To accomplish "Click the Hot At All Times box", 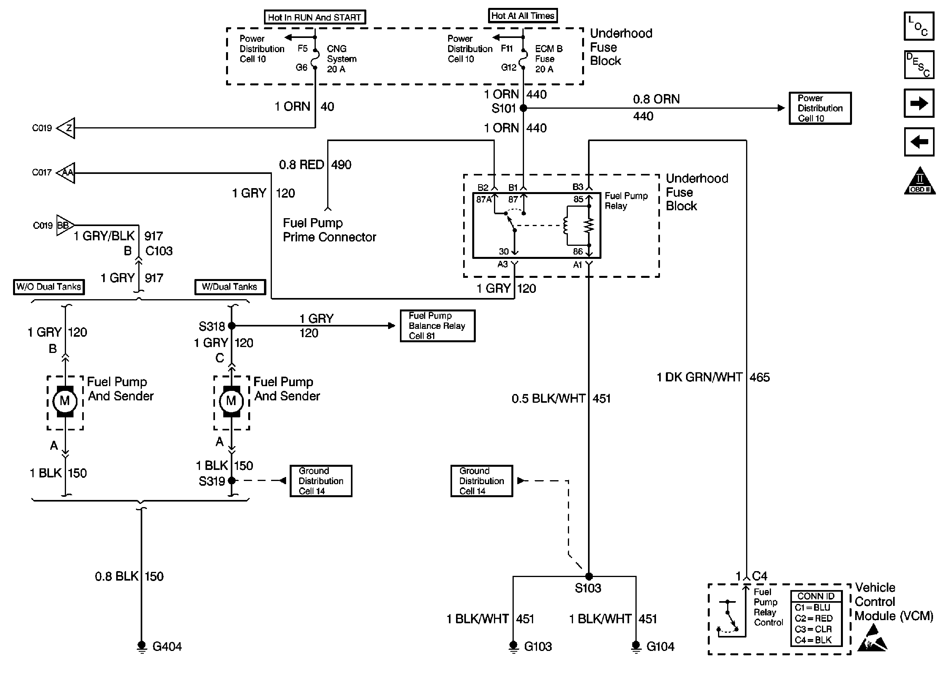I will pos(522,16).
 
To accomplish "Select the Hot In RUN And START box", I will pos(315,17).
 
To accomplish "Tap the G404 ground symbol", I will pos(142,646).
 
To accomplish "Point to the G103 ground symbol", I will pos(513,646).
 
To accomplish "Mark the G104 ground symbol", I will pos(636,646).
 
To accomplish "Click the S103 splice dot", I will pos(589,577).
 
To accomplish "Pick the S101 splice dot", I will pos(523,108).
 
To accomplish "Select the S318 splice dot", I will pos(232,326).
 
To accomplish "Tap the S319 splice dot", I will pos(232,481).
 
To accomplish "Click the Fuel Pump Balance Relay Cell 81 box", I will pos(437,326).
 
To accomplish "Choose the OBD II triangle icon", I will pos(920,181).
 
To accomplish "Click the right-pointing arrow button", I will pos(919,103).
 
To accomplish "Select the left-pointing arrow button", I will pos(919,142).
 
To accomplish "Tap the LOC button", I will pos(919,26).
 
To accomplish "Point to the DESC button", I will pos(919,65).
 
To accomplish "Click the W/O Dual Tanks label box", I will pos(49,287).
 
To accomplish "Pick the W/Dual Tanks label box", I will pos(230,287).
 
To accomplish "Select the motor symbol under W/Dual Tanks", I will pos(232,402).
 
